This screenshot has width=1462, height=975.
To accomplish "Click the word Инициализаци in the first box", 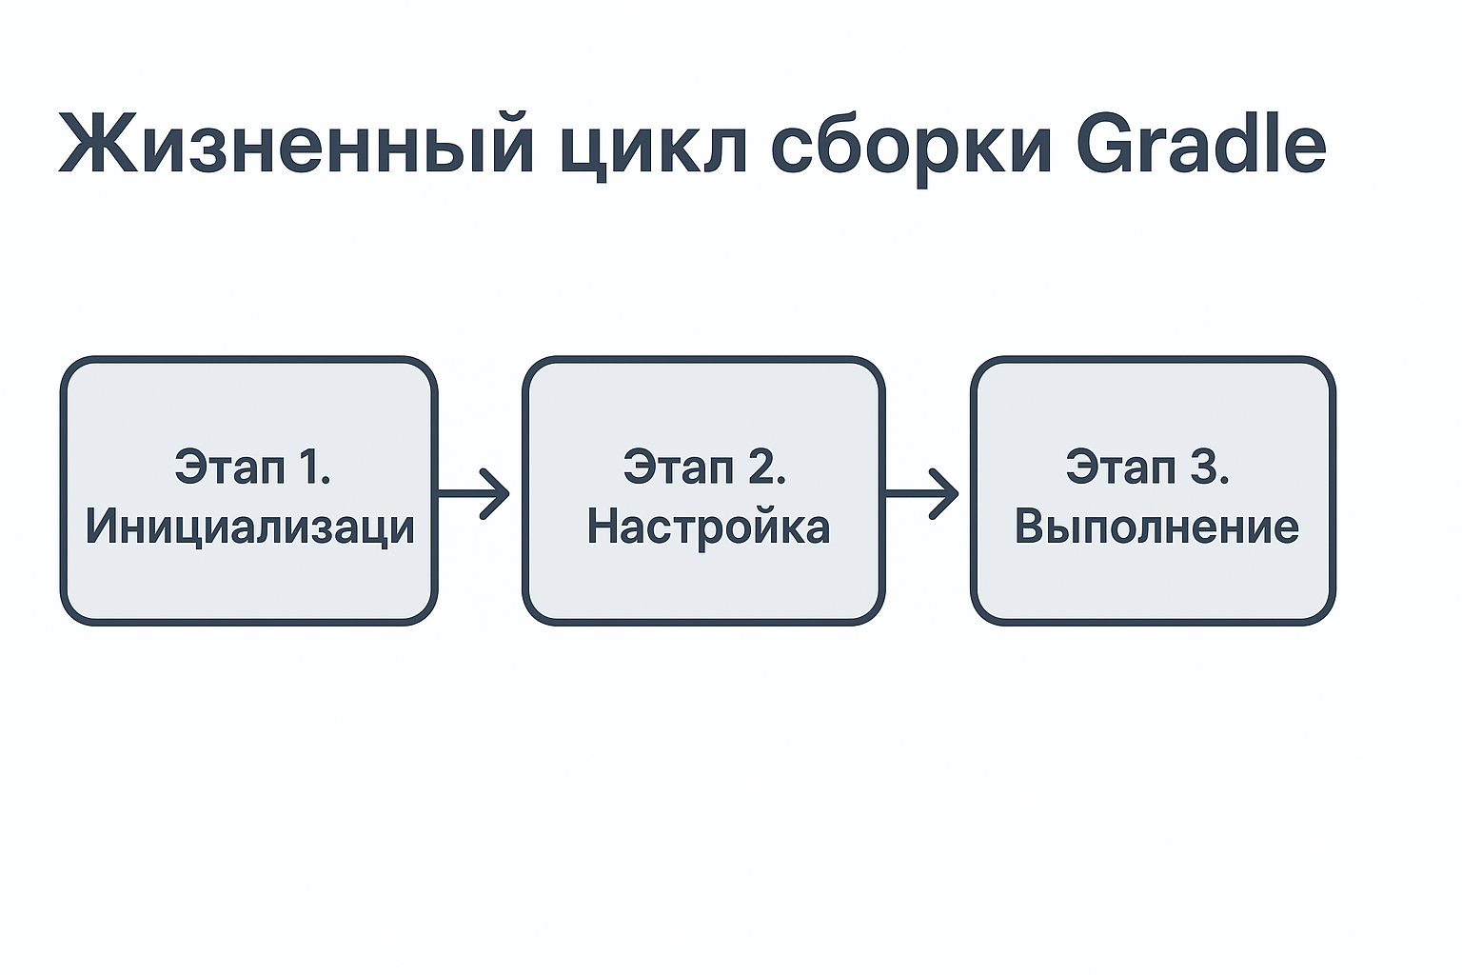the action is click(x=250, y=527).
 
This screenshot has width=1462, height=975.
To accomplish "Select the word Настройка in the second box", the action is click(x=708, y=527).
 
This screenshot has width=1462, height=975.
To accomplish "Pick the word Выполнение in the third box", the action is click(x=1156, y=527).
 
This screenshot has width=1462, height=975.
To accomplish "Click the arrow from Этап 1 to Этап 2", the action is click(x=473, y=494).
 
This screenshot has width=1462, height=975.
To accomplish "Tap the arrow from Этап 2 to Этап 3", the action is click(x=921, y=494).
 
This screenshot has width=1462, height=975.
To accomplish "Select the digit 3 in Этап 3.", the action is click(x=1202, y=466).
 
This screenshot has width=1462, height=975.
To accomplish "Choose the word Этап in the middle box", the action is click(x=678, y=467).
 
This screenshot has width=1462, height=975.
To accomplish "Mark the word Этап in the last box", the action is click(x=1121, y=467).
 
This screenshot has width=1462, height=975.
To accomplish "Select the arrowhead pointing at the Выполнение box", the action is click(x=944, y=494).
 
